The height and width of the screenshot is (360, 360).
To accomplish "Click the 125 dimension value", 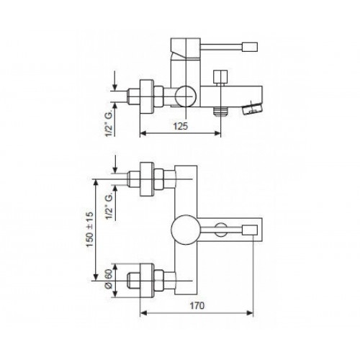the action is [180, 126].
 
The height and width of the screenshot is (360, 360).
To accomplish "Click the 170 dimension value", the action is [197, 306].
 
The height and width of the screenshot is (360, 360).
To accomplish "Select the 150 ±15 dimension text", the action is [90, 230].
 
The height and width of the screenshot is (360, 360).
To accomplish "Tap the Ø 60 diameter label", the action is [109, 279].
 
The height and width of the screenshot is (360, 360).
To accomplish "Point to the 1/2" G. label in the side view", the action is [109, 125].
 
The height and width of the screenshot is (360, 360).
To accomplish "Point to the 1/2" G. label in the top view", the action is [109, 206].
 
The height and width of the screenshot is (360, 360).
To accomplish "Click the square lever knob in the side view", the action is [250, 47].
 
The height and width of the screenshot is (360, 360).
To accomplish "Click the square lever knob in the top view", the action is [250, 230].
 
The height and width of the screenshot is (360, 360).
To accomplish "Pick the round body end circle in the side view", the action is [186, 96].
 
